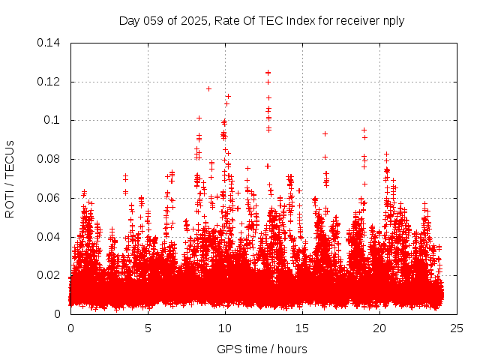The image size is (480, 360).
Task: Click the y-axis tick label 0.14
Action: (x=49, y=43)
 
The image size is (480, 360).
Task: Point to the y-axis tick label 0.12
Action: (x=49, y=82)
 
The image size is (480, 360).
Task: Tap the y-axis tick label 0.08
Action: (x=49, y=159)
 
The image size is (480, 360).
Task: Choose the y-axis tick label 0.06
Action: (x=49, y=198)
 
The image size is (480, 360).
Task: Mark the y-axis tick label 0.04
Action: (x=49, y=237)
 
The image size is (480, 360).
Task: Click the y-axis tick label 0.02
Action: (x=49, y=275)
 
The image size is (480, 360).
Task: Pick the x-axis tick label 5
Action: (x=148, y=328)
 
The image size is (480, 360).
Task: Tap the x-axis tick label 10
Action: (x=225, y=328)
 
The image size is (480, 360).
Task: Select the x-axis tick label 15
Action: (x=302, y=328)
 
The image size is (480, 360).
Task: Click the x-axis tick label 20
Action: (x=379, y=328)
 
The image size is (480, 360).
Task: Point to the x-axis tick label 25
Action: (x=457, y=328)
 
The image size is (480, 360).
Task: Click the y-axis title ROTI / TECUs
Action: (x=10, y=178)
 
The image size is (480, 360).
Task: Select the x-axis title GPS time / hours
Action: (x=262, y=349)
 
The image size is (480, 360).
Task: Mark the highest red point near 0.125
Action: (x=268, y=73)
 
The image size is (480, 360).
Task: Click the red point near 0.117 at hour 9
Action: (x=208, y=88)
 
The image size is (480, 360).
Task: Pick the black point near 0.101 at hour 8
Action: (x=199, y=118)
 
